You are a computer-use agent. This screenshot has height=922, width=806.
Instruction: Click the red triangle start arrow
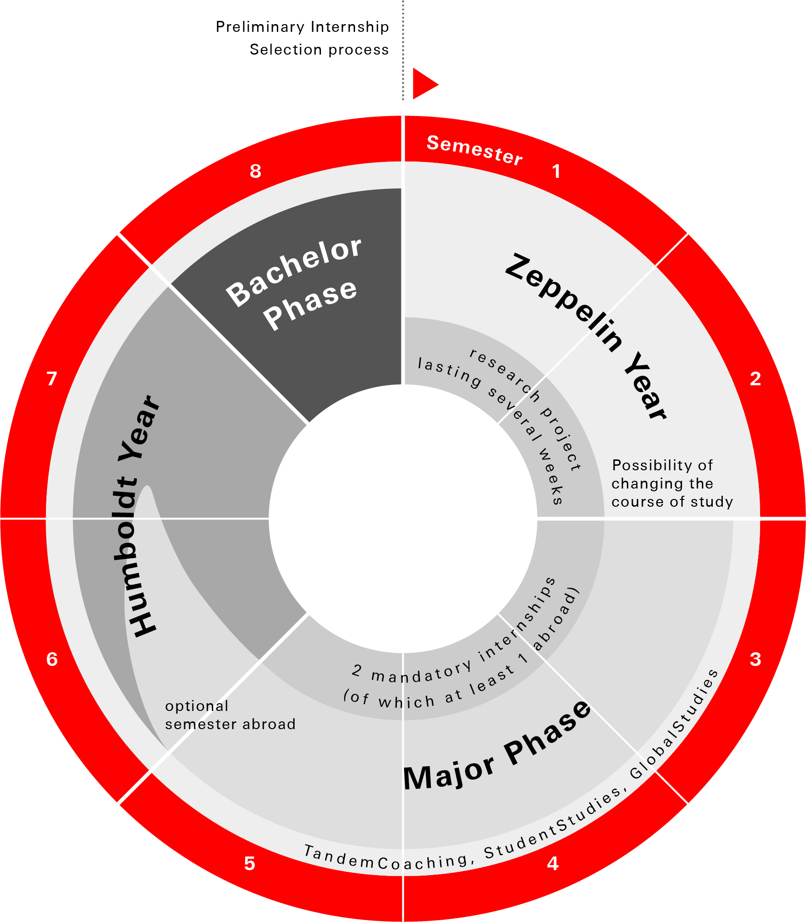coord(423,84)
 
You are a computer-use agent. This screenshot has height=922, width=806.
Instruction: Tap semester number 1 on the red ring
coord(556,171)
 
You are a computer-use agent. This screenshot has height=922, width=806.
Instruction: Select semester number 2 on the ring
coord(755,378)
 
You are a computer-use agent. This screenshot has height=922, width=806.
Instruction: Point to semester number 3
coord(755,659)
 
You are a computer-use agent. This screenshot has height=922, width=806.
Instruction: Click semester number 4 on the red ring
coord(553,863)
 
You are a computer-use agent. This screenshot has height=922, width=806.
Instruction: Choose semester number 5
coord(250,863)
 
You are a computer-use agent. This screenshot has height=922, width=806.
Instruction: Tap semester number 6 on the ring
coord(52,659)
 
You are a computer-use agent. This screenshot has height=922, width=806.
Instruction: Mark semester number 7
coord(52,378)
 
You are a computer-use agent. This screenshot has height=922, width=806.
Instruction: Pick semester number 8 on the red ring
coord(255,171)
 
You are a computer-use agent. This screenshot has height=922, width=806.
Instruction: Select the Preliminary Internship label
coord(302,27)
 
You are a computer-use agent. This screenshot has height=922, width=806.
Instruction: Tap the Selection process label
coord(319,50)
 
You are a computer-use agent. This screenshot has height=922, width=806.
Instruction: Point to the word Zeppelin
coord(564,302)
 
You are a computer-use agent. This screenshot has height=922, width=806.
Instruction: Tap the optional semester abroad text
coord(230,715)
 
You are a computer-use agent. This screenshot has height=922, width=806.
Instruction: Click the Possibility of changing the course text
coord(672,484)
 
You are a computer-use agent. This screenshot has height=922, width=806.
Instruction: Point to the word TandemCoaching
coord(385,859)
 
